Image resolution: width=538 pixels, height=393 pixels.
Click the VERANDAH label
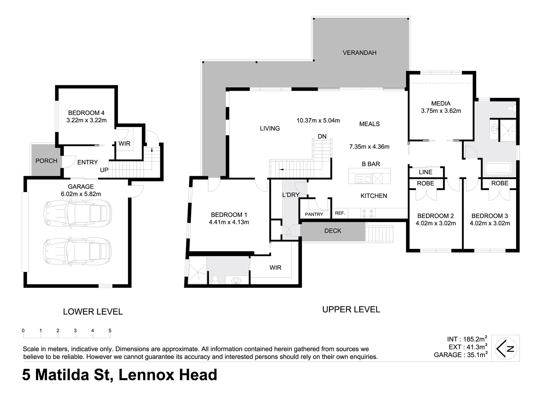coord(359,53)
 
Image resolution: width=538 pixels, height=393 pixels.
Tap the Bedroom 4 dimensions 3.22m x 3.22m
coord(87,120)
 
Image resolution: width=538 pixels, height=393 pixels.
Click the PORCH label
coord(46,161)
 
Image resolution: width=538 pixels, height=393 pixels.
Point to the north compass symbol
coord(506,348)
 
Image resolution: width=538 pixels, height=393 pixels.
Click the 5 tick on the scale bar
coord(110,331)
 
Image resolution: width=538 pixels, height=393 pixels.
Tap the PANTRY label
coord(314,214)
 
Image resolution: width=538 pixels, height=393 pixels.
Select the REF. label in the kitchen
coord(340,213)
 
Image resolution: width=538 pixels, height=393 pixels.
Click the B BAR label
coord(371,164)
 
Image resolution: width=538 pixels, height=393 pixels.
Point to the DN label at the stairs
coord(322,136)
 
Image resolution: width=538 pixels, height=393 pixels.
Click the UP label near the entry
coord(104,170)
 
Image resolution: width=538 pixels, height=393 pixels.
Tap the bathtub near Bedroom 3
coord(498,168)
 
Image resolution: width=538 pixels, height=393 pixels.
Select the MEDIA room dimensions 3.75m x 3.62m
coord(441,111)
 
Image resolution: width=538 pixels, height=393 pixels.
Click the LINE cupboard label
coord(425,172)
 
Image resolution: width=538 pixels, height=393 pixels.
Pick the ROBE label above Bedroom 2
coord(425,183)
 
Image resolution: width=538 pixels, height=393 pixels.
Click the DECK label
coord(333,231)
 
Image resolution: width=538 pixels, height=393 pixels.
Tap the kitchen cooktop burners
coord(368,213)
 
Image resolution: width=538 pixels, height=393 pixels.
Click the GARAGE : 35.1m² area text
coord(461,355)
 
